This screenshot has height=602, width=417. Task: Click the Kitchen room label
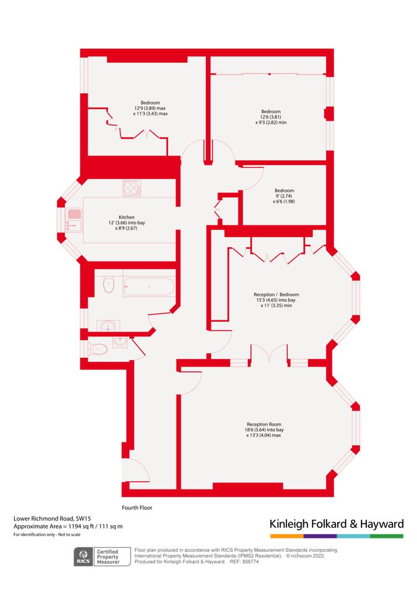tap(127, 217)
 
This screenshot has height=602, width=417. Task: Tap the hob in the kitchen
tap(132, 188)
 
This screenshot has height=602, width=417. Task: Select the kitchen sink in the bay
tap(74, 220)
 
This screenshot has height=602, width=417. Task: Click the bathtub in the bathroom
tap(149, 286)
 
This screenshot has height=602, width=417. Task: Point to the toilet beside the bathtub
tap(109, 285)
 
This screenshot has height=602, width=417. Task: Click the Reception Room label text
tap(264, 424)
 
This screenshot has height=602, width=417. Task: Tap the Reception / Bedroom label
tap(276, 294)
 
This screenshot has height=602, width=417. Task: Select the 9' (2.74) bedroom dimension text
tap(284, 196)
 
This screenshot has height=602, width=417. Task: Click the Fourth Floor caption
tap(137, 508)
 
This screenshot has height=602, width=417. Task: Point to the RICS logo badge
tap(83, 557)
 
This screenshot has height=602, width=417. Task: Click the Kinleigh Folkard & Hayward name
tap(337, 524)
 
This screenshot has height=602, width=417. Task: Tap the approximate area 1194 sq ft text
tap(68, 526)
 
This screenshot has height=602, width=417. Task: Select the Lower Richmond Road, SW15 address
tap(52, 519)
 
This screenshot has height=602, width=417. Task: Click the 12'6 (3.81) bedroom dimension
tap(271, 117)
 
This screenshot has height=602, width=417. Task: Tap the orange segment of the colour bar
tap(287, 536)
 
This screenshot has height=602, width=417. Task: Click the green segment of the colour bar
tap(387, 536)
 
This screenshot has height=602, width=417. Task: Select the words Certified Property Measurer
tap(108, 557)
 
